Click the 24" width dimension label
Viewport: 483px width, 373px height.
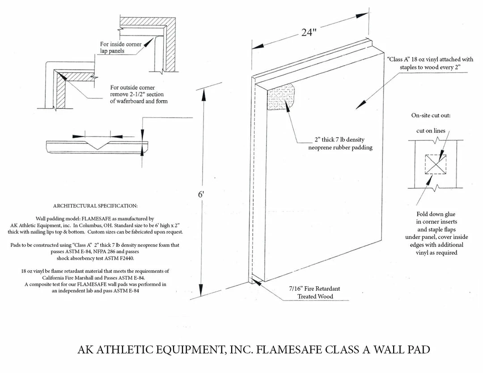(x=309, y=34)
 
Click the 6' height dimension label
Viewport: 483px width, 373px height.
(x=202, y=195)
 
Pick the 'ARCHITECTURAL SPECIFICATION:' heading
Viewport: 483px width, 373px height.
(x=95, y=206)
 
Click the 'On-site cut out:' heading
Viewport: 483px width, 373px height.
(x=431, y=115)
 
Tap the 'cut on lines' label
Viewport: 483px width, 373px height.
(x=431, y=131)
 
